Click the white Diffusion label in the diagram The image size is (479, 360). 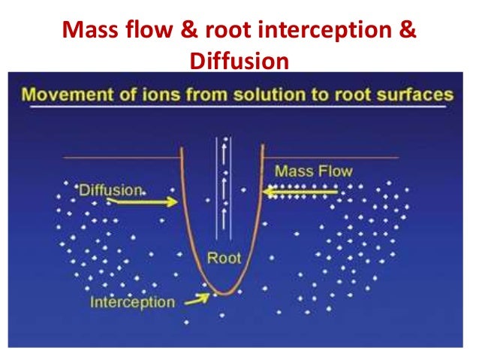click(x=110, y=190)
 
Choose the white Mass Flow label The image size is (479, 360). click(x=313, y=171)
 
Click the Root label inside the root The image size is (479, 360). click(x=224, y=258)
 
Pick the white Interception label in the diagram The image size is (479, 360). click(x=132, y=303)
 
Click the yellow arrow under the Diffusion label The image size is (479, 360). click(x=151, y=201)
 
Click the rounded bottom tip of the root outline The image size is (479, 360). click(x=222, y=292)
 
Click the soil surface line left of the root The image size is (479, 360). click(x=120, y=157)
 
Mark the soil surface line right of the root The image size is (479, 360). click(x=330, y=157)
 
